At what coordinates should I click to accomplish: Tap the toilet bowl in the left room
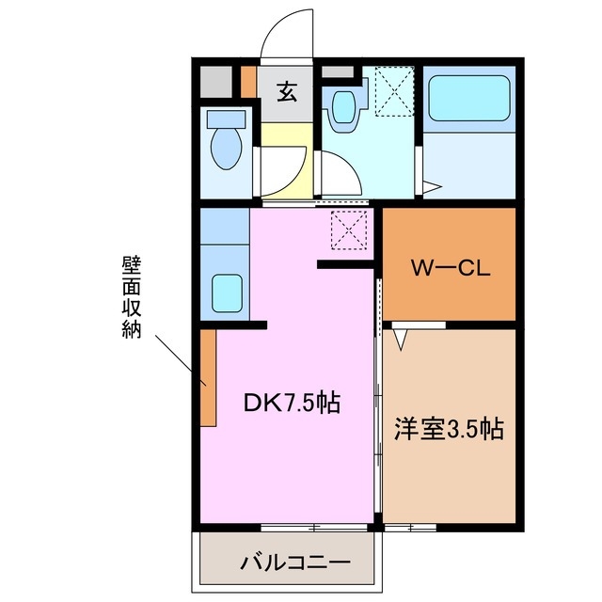click(x=225, y=150)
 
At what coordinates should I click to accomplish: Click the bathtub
click(x=467, y=98)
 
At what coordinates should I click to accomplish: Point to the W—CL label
click(x=448, y=269)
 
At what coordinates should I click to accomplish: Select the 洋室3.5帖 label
click(x=448, y=430)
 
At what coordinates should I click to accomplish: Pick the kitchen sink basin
click(x=224, y=293)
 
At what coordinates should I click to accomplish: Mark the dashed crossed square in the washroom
click(x=393, y=92)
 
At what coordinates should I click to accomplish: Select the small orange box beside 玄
click(x=248, y=82)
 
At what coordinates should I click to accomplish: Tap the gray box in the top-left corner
click(x=216, y=83)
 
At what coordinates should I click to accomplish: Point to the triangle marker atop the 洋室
click(x=400, y=339)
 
